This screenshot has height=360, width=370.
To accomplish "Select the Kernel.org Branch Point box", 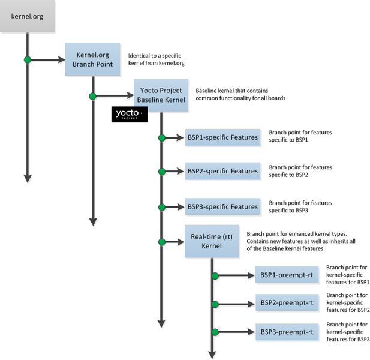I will click(x=92, y=59).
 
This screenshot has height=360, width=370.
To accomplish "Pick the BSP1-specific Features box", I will click(x=222, y=137).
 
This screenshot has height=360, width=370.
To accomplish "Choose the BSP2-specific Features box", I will click(x=222, y=171).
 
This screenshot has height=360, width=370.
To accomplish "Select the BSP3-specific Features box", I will click(x=222, y=207).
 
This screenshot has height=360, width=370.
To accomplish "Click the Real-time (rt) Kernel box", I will click(x=211, y=241).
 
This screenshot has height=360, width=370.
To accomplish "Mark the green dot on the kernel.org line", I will click(x=27, y=59).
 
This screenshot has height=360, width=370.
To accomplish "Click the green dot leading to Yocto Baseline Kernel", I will click(x=92, y=95).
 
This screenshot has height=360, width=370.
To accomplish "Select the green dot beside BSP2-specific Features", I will click(x=161, y=172).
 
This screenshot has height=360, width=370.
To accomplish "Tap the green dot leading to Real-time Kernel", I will click(x=161, y=242).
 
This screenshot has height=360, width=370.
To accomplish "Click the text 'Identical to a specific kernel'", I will click(x=156, y=59).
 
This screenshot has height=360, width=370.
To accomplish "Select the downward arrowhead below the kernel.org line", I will click(x=27, y=177).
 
